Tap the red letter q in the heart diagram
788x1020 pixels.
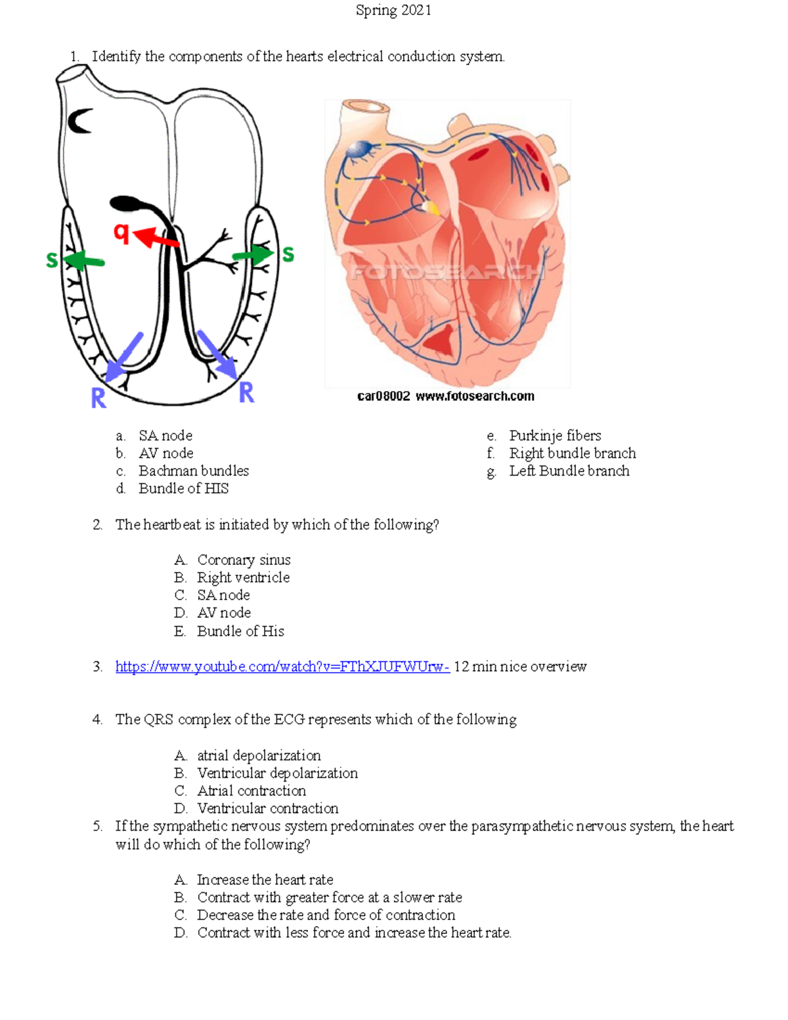[x=121, y=233]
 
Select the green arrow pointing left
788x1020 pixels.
[x=85, y=261]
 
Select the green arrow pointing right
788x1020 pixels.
[x=254, y=255]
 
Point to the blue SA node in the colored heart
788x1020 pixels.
[x=359, y=150]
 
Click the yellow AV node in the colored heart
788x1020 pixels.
[x=431, y=208]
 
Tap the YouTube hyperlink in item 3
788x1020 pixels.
[x=282, y=667]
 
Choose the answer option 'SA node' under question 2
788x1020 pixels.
[x=223, y=595]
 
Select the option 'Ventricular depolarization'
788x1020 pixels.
[x=277, y=773]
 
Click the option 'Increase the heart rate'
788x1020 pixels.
[x=265, y=879]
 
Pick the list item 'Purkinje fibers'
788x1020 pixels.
[x=555, y=435]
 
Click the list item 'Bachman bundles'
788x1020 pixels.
[x=194, y=471]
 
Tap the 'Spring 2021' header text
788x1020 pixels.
[x=393, y=10]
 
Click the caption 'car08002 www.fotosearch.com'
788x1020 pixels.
[x=445, y=396]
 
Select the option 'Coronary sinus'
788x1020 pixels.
[x=244, y=560]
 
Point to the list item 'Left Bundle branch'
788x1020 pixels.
[x=569, y=471]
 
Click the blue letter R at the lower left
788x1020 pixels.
[x=98, y=397]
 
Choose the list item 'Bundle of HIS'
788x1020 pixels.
[x=183, y=489]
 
